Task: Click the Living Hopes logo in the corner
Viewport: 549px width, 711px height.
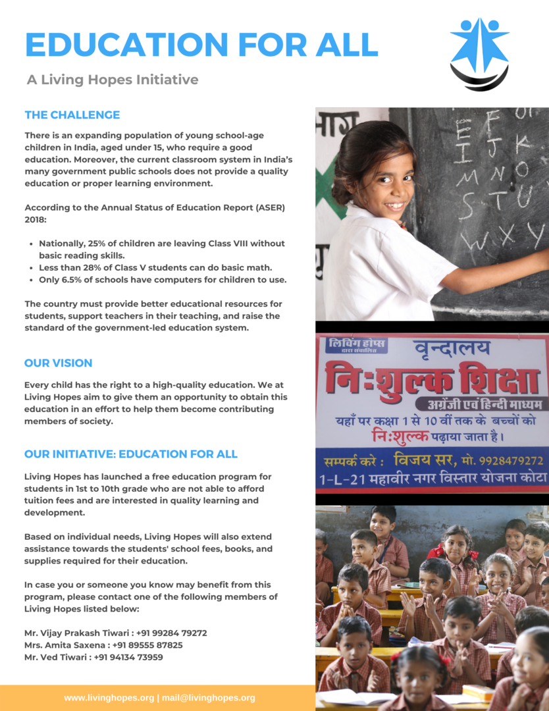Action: click(479, 54)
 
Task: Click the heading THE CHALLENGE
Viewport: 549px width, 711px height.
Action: click(72, 115)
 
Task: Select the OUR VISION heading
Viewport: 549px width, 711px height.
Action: click(59, 363)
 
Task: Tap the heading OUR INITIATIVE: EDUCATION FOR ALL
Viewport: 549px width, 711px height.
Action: click(131, 454)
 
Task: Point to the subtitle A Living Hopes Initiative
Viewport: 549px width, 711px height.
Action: click(113, 80)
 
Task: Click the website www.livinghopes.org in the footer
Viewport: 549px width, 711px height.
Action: click(109, 698)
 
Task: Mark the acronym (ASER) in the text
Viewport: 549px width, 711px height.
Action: click(266, 207)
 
